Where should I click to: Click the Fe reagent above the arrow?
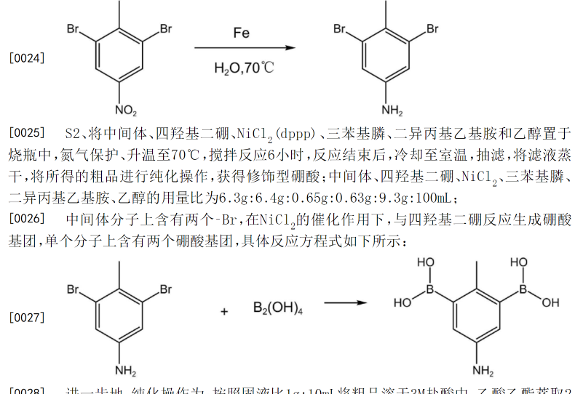241,33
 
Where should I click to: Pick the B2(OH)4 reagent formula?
278,308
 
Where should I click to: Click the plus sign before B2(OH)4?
225,311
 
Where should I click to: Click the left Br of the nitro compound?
74,29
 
